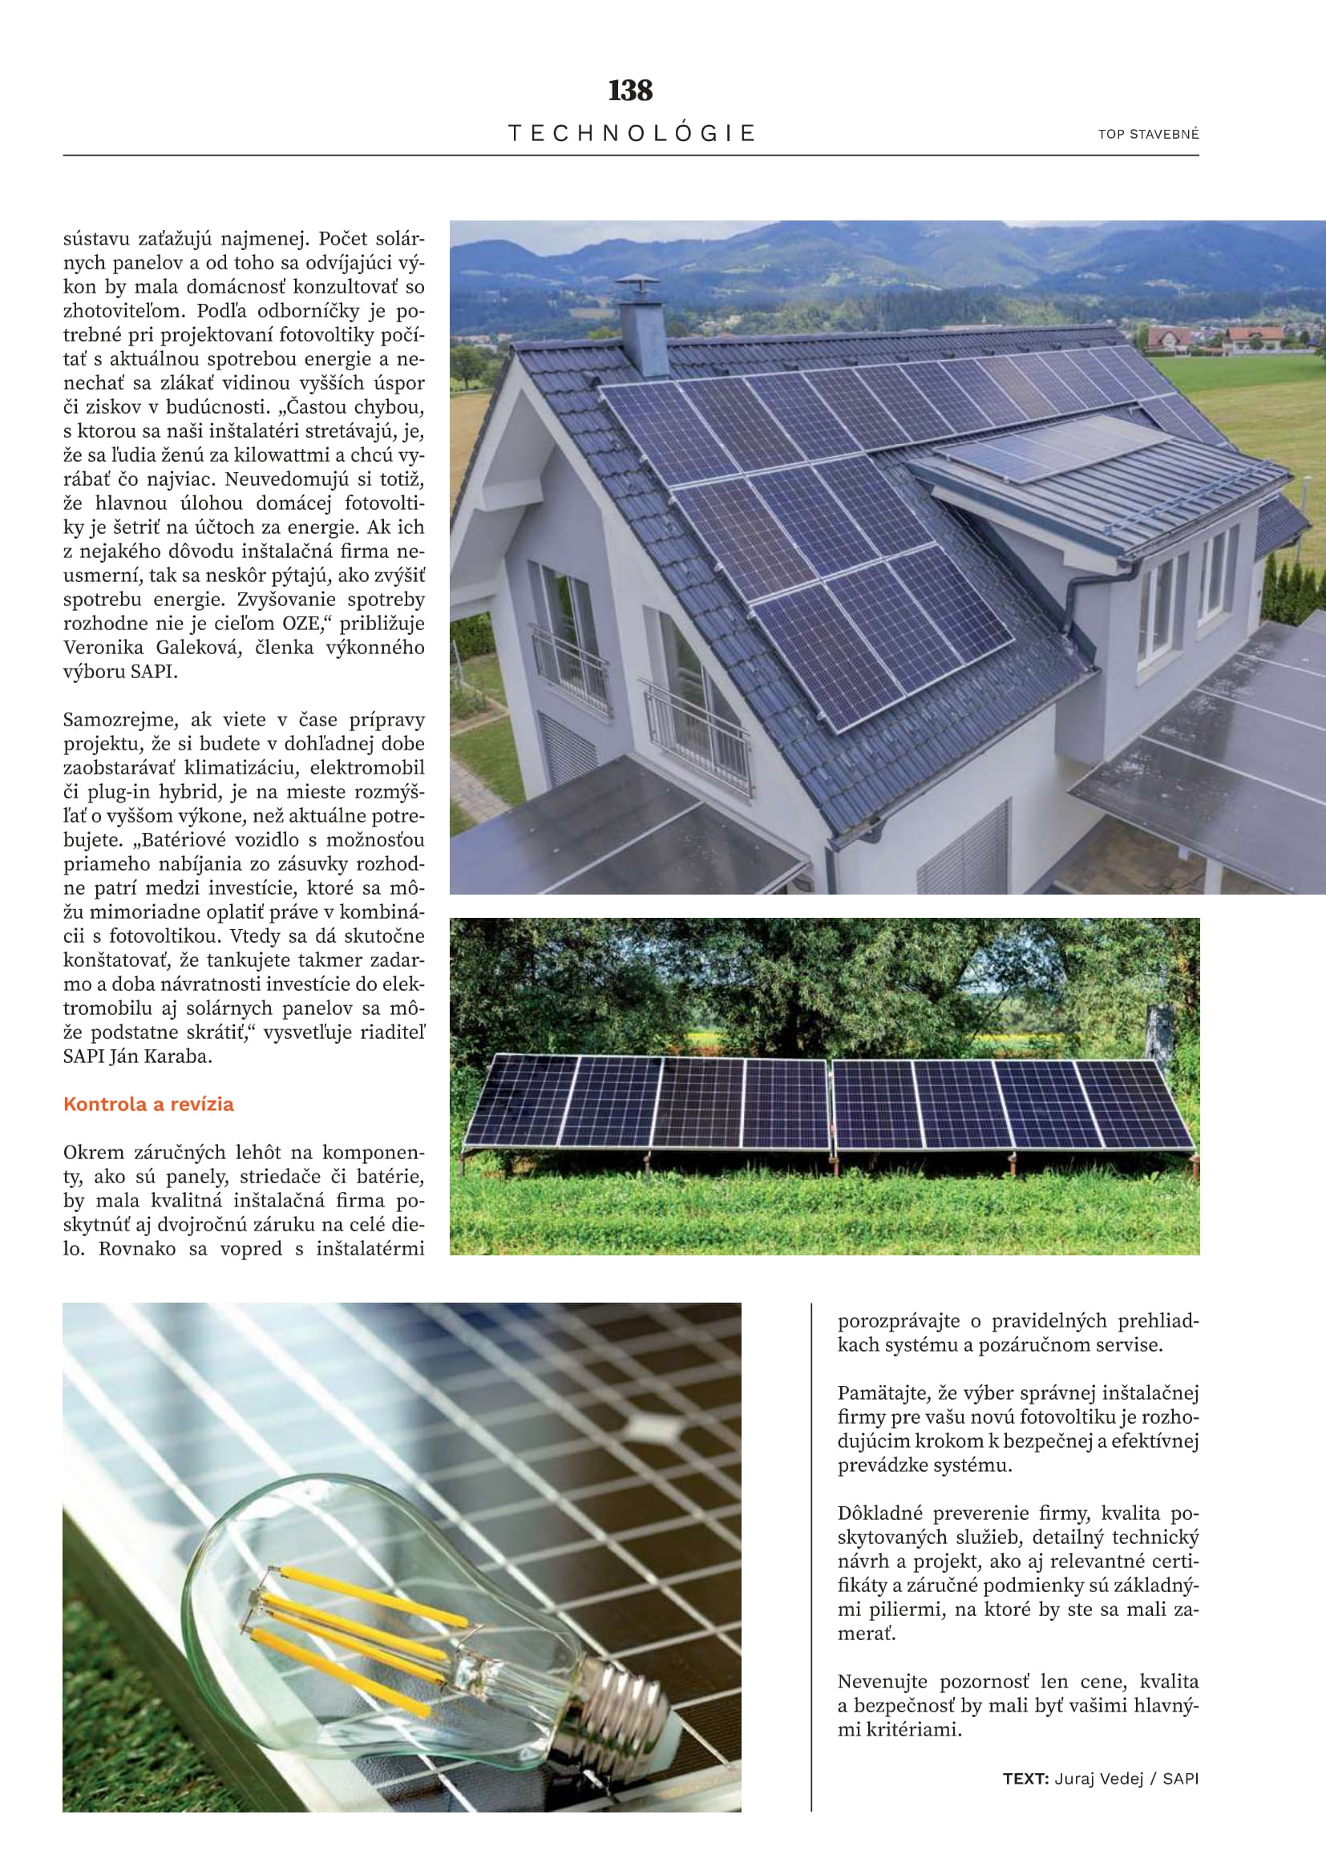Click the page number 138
click(630, 91)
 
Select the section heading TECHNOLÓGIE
click(632, 133)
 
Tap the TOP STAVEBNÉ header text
click(1148, 135)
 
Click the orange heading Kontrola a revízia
click(148, 1104)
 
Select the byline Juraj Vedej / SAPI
click(1126, 1779)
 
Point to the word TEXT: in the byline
click(1025, 1779)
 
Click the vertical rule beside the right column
click(811, 1552)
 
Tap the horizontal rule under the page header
click(630, 156)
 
